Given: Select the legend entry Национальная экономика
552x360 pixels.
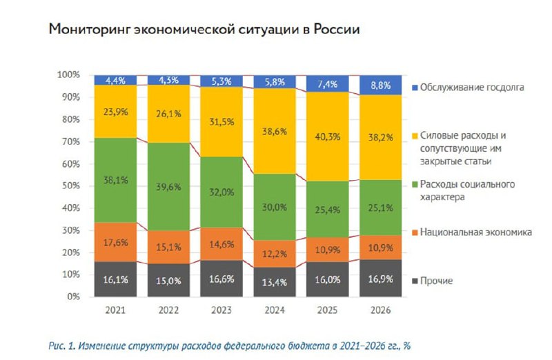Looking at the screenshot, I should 475,233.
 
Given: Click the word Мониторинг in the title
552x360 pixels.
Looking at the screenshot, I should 89,30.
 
